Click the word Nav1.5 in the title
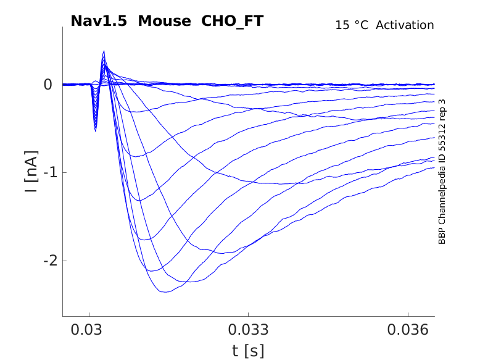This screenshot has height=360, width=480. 100,21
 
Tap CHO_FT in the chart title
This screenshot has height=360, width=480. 233,21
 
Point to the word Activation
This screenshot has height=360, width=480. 405,25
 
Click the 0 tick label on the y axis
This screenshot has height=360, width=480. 48,84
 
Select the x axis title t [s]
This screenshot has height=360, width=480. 248,351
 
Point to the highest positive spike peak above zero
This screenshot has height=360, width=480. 104,51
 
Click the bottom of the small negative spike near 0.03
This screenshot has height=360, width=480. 95,130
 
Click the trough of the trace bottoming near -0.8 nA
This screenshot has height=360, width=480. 137,156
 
